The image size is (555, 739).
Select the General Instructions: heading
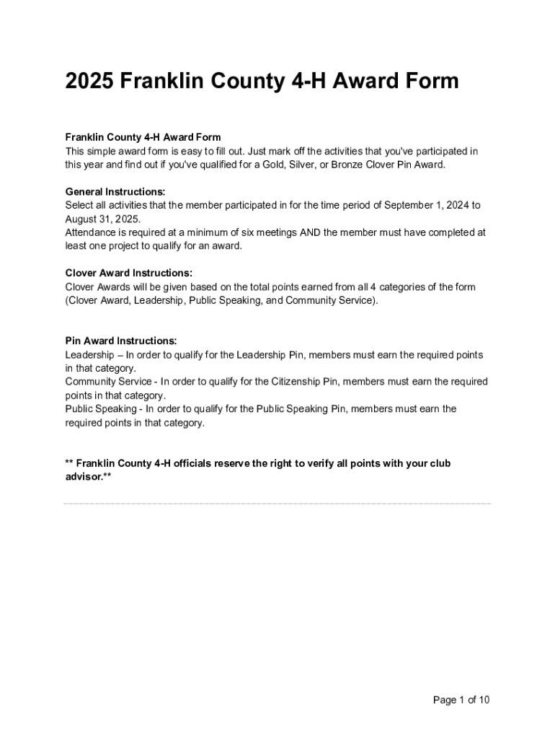[x=115, y=192]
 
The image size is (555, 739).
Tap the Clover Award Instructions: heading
[x=129, y=273]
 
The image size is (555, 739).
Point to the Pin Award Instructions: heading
[x=121, y=341]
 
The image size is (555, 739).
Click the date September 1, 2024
[x=427, y=206]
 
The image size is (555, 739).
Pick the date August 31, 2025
[x=103, y=219]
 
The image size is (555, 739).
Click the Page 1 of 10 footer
[x=461, y=699]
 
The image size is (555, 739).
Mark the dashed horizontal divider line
[x=277, y=504]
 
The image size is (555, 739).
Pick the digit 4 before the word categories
[x=373, y=287]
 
